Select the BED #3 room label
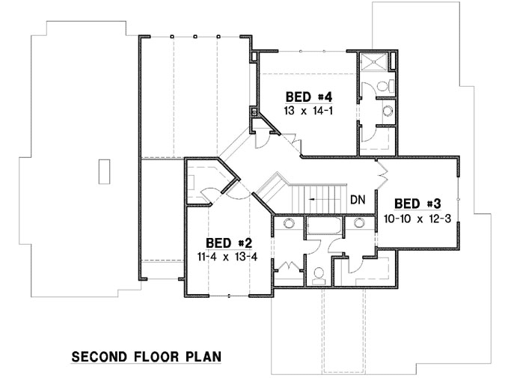tap(417, 204)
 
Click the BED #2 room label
tap(229, 243)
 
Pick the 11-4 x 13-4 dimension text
tap(228, 256)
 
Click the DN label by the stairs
tap(358, 200)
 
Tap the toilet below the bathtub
tap(318, 274)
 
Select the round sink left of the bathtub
tap(289, 223)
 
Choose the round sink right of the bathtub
tap(360, 223)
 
